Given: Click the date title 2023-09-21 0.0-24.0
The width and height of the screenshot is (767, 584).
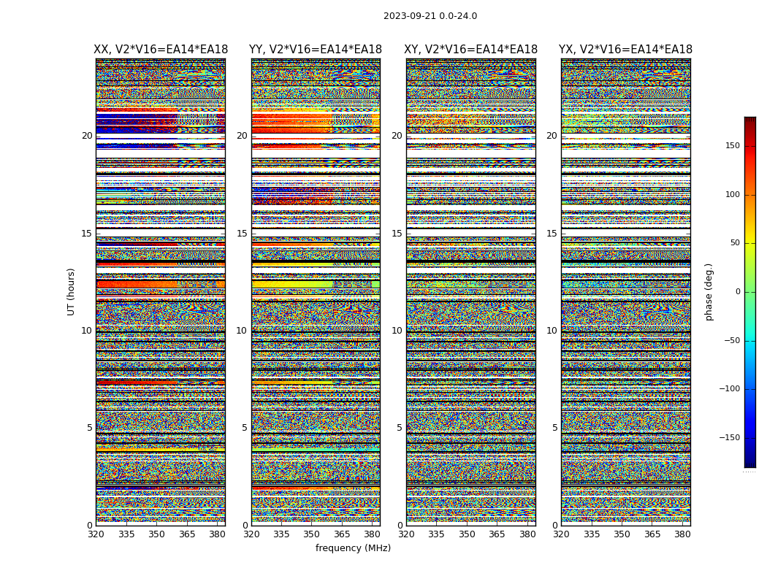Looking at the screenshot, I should (x=430, y=16).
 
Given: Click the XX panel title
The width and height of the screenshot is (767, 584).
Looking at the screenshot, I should (x=161, y=50).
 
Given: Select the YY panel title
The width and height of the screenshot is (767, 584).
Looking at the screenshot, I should (x=316, y=50).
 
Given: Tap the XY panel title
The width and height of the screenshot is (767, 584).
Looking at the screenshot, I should (x=471, y=50).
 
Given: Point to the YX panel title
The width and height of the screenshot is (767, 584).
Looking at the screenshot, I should (x=625, y=50).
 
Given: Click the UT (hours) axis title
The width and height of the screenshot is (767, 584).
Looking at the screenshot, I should (x=71, y=291).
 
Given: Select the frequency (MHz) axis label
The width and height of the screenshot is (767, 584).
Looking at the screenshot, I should (x=353, y=548).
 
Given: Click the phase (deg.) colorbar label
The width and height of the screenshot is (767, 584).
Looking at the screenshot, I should (x=709, y=291).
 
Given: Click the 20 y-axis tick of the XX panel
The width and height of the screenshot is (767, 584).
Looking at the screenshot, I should (x=87, y=136).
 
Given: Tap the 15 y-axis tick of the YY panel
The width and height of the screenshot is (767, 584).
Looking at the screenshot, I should (x=242, y=234).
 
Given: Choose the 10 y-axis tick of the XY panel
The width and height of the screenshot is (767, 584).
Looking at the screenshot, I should (x=397, y=331).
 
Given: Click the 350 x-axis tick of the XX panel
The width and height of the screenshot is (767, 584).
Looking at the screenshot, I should (x=156, y=534).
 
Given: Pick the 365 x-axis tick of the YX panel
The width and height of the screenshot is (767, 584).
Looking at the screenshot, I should (x=652, y=534).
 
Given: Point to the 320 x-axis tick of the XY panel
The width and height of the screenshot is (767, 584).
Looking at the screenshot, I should (x=407, y=534).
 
